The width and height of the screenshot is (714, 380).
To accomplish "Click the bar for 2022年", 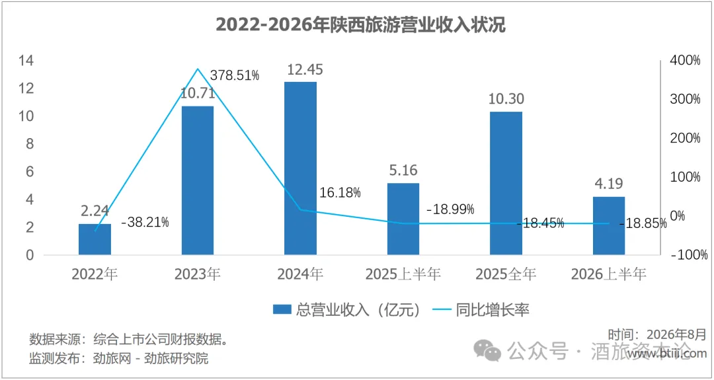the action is pyautogui.click(x=95, y=239).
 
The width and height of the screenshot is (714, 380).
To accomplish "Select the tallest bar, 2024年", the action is pyautogui.click(x=301, y=169).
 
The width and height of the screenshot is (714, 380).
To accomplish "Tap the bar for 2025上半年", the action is pyautogui.click(x=403, y=219).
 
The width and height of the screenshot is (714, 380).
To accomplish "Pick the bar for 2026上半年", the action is pyautogui.click(x=609, y=226).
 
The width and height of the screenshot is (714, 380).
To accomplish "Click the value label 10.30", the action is pyautogui.click(x=506, y=98).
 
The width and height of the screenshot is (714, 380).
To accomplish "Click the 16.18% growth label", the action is pyautogui.click(x=337, y=192).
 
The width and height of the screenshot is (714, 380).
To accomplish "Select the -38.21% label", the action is pyautogui.click(x=145, y=223).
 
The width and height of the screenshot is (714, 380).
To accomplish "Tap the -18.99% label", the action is pyautogui.click(x=450, y=209).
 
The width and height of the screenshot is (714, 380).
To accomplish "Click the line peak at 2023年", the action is pyautogui.click(x=198, y=69).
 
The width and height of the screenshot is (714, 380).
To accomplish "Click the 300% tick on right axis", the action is pyautogui.click(x=685, y=100).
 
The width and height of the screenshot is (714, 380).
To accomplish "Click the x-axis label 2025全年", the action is pyautogui.click(x=506, y=274).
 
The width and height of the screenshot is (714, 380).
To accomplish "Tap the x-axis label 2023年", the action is pyautogui.click(x=198, y=274).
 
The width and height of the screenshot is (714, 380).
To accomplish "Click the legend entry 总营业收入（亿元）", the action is pyautogui.click(x=345, y=310).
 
